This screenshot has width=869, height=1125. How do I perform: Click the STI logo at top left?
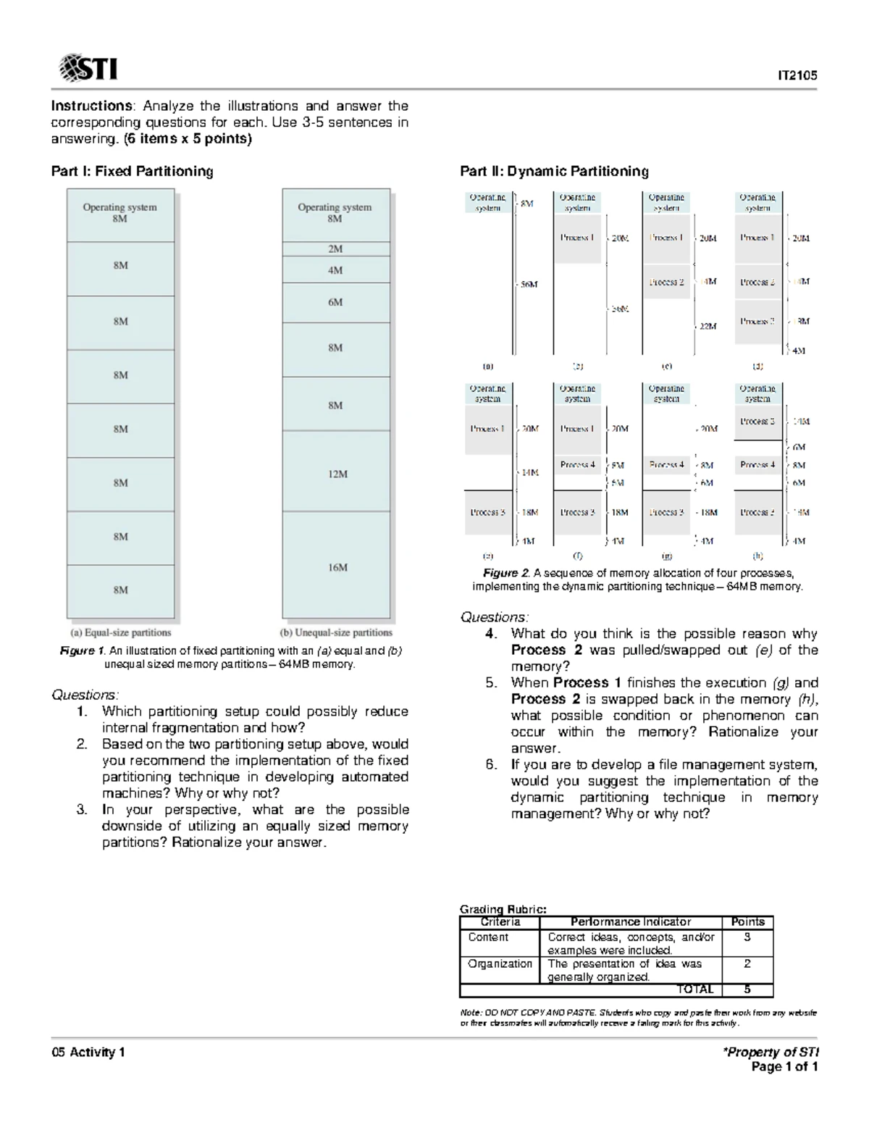click(x=88, y=68)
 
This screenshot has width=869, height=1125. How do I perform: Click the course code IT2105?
click(x=797, y=75)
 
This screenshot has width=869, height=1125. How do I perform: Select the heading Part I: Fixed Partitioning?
click(x=132, y=172)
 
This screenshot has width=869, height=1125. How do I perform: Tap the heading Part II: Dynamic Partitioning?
click(x=554, y=172)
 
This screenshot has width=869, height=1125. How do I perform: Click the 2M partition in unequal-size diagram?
click(x=335, y=249)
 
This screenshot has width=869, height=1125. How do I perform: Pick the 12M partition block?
click(x=337, y=474)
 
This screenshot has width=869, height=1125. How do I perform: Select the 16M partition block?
click(x=337, y=567)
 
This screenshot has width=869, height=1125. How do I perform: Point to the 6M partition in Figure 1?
click(x=335, y=302)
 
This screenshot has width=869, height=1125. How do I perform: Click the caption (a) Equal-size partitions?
click(x=121, y=632)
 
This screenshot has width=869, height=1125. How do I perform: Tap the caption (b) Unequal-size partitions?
click(x=337, y=632)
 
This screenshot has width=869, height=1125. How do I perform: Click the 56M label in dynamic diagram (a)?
click(x=529, y=285)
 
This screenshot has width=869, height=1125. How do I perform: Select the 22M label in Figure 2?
click(x=708, y=326)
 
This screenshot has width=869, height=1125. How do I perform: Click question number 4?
click(x=491, y=634)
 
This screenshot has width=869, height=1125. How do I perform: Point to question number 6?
click(x=491, y=765)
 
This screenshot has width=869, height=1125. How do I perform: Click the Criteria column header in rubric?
click(x=500, y=922)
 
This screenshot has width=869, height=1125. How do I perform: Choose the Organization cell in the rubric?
click(x=500, y=964)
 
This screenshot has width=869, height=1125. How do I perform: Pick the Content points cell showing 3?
click(x=747, y=937)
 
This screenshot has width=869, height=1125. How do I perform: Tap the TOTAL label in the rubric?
click(x=694, y=990)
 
